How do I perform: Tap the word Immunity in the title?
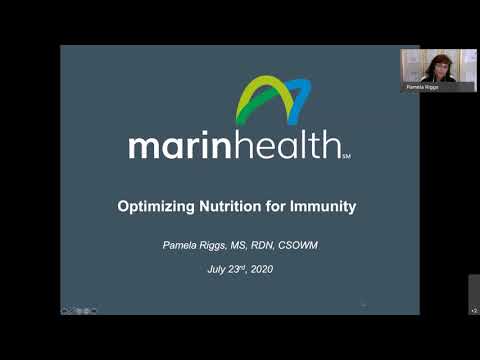click(x=318, y=208)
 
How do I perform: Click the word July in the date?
click(x=218, y=270)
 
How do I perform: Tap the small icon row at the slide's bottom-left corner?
click(x=75, y=310)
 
